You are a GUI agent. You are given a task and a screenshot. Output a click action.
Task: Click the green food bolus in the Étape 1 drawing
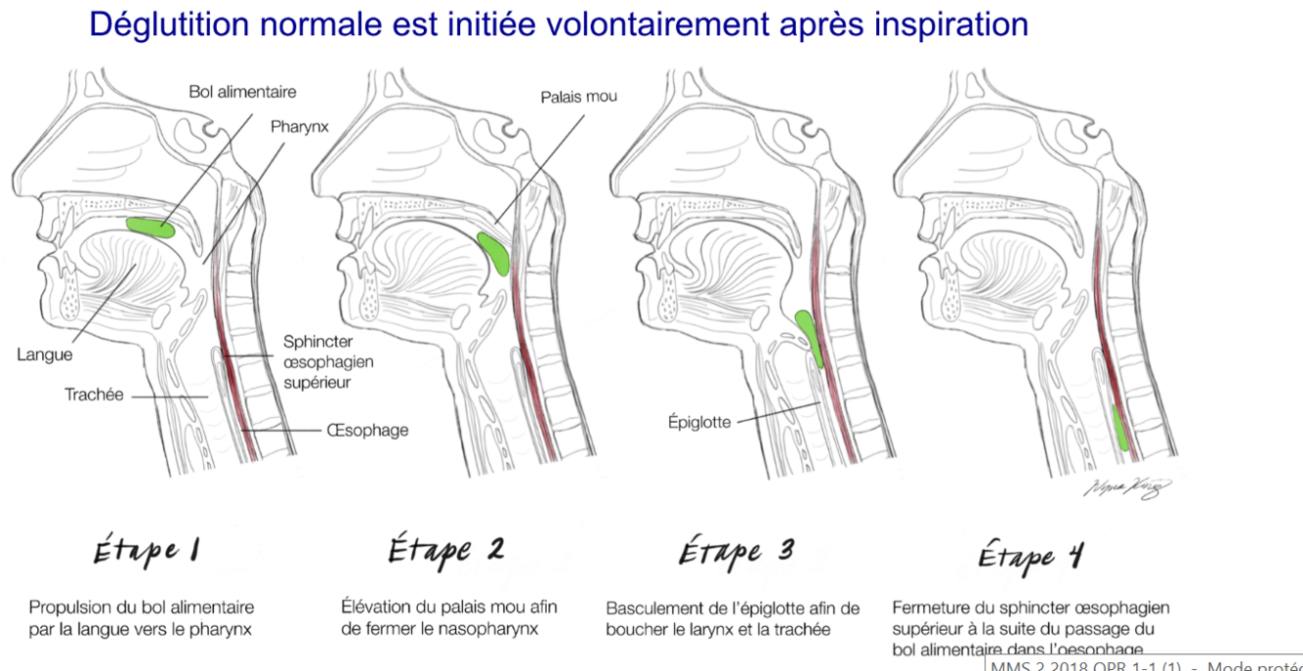[151, 228]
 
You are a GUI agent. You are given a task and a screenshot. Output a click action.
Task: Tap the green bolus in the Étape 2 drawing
[495, 253]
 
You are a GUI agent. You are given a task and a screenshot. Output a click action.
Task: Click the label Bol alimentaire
[242, 92]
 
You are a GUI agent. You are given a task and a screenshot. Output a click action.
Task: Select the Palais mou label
[578, 97]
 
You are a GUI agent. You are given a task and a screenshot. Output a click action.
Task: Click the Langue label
[45, 355]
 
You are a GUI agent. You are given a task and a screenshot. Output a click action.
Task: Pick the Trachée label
[94, 396]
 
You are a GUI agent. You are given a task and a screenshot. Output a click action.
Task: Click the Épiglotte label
[699, 423]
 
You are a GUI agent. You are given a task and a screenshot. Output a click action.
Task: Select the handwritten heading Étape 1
[147, 551]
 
